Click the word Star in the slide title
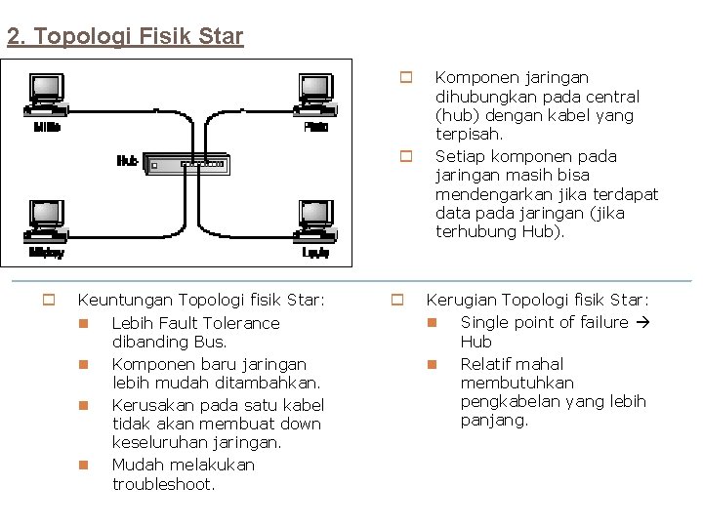coord(221,37)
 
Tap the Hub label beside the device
coord(127,161)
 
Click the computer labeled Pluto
coord(315,94)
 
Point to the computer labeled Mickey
coord(46,219)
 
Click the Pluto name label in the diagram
coord(315,127)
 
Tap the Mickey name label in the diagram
coord(46,252)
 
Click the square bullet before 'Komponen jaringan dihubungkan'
coord(406,76)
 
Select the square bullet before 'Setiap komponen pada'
coord(406,155)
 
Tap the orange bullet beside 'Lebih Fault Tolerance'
coord(84,323)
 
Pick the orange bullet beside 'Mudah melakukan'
coord(84,465)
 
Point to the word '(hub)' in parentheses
coord(455,115)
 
